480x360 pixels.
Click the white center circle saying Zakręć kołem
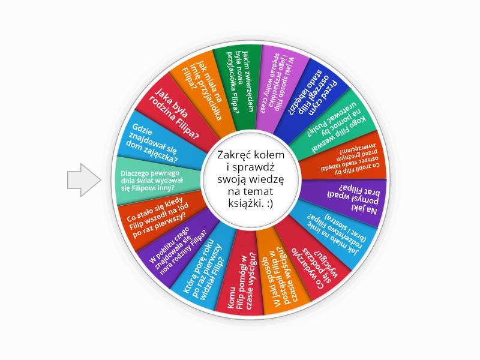251,179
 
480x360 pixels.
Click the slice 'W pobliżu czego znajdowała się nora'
178,244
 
